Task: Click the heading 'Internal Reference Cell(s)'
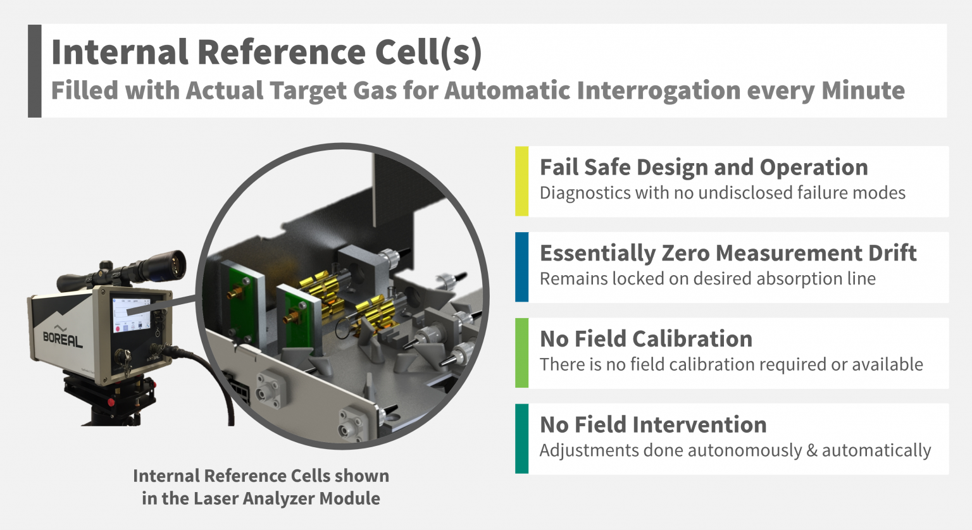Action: coord(266,52)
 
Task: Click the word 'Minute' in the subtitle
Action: coord(863,90)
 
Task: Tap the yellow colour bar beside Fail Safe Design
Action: coord(521,182)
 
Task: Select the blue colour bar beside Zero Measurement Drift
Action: coord(521,267)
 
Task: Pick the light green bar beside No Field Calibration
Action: coord(521,353)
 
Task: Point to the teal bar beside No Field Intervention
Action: coord(521,438)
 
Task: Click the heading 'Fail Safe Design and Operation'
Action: coord(704,168)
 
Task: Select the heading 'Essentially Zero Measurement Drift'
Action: coord(728,253)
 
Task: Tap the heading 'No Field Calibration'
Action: coord(645,339)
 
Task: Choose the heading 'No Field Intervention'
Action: coord(653,424)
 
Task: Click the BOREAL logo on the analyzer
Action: coord(63,339)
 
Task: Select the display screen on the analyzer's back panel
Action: coord(132,314)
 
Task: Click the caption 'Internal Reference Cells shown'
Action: coord(261,476)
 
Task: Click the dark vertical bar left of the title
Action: coord(35,71)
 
